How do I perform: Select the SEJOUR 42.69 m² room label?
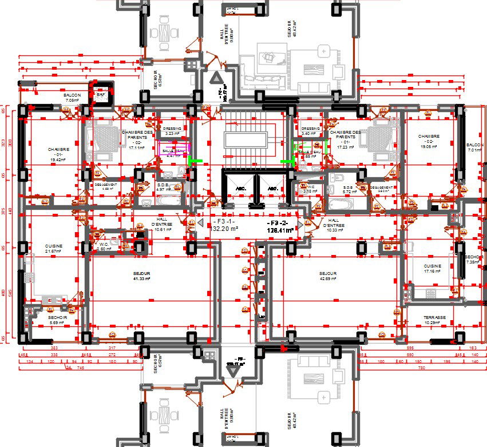tap(328, 276)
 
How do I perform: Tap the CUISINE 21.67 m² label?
tap(54, 249)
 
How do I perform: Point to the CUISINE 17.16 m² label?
tap(432, 268)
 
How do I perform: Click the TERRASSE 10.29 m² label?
tap(435, 320)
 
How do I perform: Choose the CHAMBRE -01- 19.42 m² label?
tap(58, 154)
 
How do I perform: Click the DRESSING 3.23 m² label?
tap(172, 131)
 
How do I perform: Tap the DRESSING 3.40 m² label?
tap(310, 131)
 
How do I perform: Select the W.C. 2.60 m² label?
tap(104, 246)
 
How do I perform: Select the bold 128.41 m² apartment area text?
tap(280, 230)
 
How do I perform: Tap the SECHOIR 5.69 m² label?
tap(58, 320)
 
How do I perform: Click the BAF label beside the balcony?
tap(101, 94)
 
